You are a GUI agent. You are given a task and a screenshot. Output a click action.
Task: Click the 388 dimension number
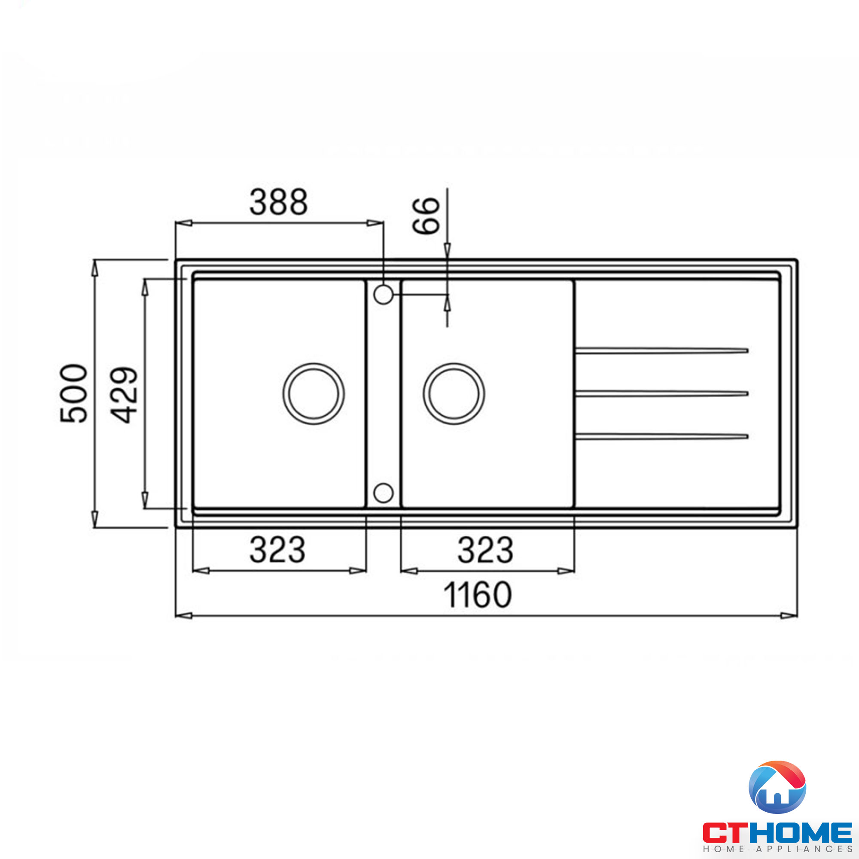click(278, 202)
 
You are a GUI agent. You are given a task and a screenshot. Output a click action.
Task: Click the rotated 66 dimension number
click(426, 216)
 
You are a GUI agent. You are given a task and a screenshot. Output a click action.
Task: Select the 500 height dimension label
click(74, 393)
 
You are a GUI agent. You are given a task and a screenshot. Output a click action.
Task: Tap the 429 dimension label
click(124, 394)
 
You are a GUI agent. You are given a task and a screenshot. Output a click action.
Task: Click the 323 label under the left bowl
click(277, 550)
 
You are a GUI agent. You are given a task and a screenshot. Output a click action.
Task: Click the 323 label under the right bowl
click(485, 550)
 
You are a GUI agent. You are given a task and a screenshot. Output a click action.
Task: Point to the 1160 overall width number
click(478, 595)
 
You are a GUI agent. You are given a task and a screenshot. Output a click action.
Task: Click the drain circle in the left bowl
click(314, 393)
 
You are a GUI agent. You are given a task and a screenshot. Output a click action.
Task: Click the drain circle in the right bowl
click(454, 393)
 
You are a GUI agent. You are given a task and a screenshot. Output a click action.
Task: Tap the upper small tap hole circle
click(383, 294)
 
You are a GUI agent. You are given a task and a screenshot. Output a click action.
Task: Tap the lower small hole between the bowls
click(383, 493)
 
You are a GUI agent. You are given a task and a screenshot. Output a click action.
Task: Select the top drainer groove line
click(661, 351)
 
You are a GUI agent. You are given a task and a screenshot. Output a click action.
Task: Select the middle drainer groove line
click(661, 393)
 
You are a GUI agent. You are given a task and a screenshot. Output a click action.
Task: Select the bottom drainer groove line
click(661, 437)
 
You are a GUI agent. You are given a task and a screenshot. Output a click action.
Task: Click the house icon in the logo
click(777, 787)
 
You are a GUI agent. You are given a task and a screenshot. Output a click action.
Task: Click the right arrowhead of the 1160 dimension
click(789, 616)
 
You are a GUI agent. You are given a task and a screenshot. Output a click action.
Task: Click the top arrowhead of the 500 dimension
click(94, 268)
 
